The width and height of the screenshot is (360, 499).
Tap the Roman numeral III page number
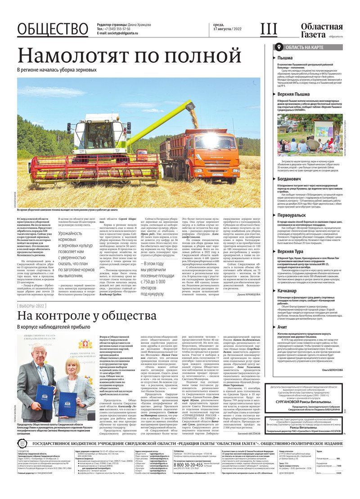pos(269,29)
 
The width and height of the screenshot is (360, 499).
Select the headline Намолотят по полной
pos(129,55)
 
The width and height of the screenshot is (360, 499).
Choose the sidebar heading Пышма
pos(285,58)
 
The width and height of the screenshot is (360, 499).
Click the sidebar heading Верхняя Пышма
pos(295,94)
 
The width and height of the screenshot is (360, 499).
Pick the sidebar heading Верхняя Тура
pos(293,251)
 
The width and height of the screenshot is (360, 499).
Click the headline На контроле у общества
pos(87,315)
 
